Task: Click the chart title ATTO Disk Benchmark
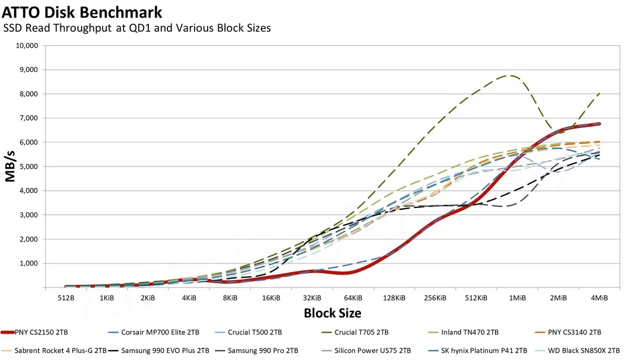82,11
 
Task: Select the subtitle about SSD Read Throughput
137,28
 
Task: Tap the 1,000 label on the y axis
28,263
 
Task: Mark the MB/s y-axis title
11,166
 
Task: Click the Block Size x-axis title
332,313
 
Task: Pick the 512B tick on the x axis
66,298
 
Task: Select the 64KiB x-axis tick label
353,298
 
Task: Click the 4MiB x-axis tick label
599,298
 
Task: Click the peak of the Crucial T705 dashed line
511,76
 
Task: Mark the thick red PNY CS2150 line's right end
599,124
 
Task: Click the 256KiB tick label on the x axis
435,298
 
